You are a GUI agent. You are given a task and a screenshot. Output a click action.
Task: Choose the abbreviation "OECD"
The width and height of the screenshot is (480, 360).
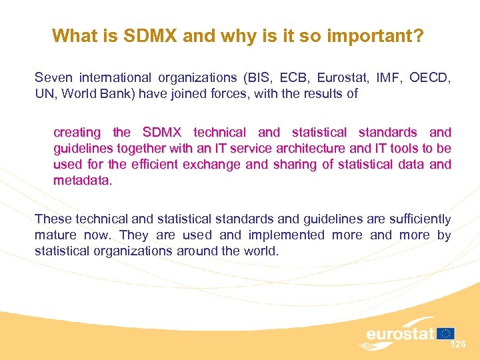[430, 78]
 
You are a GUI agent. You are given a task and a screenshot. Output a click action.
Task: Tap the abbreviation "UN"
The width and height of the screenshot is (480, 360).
[44, 94]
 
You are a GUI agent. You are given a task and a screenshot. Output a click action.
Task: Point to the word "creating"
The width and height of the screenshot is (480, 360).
[77, 132]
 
